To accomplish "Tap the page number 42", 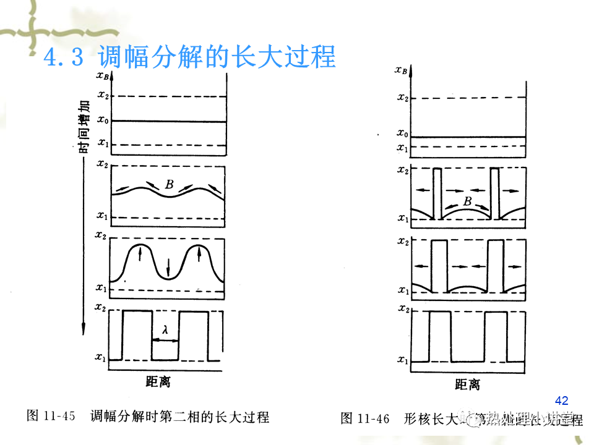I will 562,400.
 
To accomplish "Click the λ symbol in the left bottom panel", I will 165,331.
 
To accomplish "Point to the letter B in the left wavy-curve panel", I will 169,184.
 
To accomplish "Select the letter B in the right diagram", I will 467,201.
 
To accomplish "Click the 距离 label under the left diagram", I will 158,382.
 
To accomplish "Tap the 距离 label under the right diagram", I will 467,384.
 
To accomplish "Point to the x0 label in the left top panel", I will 103,121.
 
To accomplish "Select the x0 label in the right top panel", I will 402,133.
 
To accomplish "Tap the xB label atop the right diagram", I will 401,70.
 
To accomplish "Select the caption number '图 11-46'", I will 365,418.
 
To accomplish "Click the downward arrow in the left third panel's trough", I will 168,267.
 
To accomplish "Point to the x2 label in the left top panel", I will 103,96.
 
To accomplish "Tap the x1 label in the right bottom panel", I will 402,360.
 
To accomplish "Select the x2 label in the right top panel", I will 402,97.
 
